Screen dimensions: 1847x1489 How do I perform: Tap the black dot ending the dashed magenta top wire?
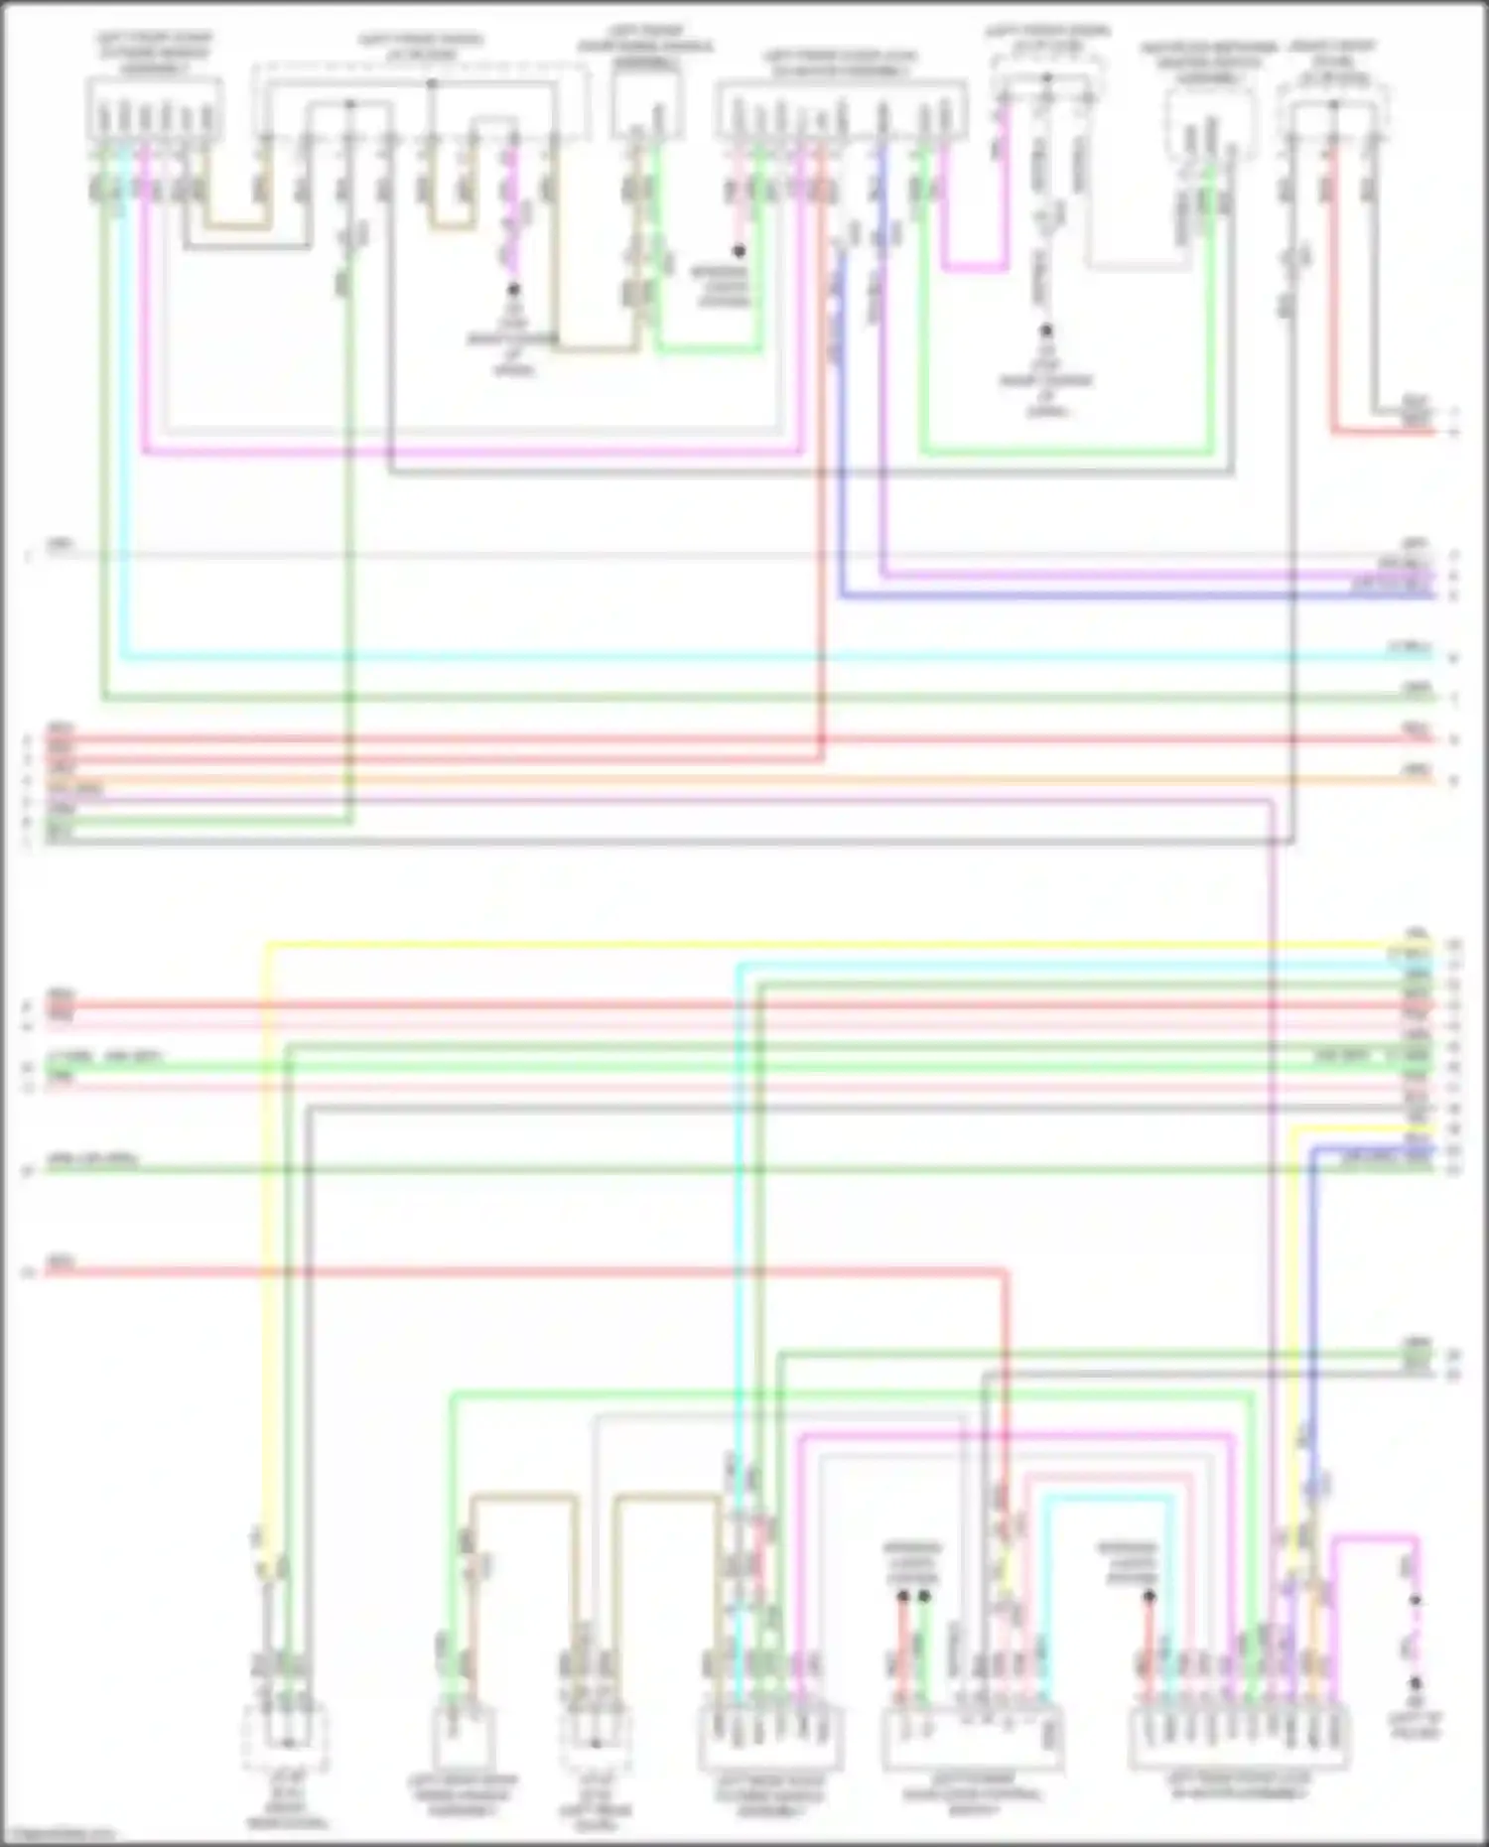pyautogui.click(x=513, y=290)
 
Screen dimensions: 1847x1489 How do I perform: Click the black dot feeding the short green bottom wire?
pyautogui.click(x=924, y=1596)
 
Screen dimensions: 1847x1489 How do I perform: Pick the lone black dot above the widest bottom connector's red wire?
pyautogui.click(x=1150, y=1596)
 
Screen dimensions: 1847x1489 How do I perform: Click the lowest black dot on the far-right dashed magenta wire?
pyautogui.click(x=1416, y=1682)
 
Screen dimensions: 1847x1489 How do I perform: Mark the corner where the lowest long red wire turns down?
pyautogui.click(x=1005, y=1271)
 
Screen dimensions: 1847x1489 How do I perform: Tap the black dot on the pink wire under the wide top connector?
pyautogui.click(x=739, y=251)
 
